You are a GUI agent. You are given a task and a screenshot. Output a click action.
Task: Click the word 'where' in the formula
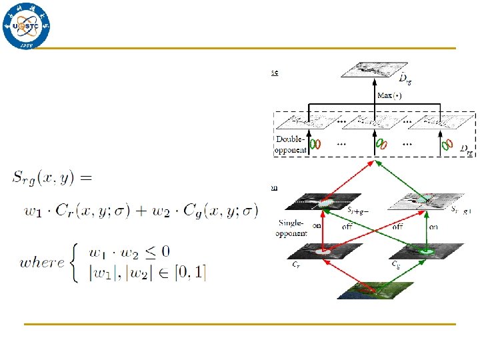coord(43,262)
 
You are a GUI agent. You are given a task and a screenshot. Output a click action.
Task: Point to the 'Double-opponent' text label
coord(291,145)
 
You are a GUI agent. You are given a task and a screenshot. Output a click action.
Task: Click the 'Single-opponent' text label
coord(291,229)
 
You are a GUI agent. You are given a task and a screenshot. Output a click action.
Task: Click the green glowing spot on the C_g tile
coord(423,251)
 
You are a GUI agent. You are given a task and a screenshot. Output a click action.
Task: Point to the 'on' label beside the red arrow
coord(316,227)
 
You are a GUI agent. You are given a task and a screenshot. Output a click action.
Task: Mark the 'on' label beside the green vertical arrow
coord(433,227)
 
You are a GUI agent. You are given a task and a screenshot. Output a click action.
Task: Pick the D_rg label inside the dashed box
coord(467,152)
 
